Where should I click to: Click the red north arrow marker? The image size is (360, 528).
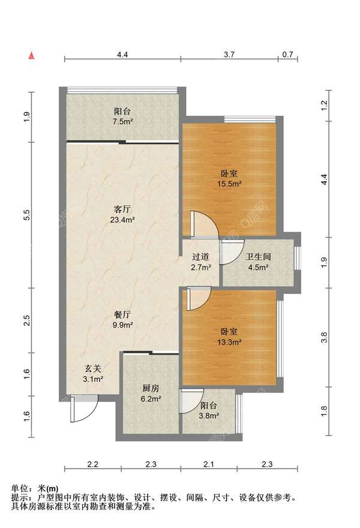[x=31, y=56]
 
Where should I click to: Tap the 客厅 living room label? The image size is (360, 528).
[x=122, y=209]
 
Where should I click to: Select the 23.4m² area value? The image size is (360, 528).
[x=122, y=220]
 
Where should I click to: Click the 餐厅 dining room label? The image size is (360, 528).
[x=122, y=315]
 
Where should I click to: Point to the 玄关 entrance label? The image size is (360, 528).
[x=93, y=369]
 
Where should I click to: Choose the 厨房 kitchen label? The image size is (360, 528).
[x=151, y=388]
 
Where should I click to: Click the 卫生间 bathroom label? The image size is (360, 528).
[x=258, y=257]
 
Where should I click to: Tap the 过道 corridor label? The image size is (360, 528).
[x=201, y=257]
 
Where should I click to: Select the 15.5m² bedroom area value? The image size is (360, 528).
[x=229, y=184]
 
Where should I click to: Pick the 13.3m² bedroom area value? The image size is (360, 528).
[x=229, y=342]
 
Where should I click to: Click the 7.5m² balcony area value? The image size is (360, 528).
[x=122, y=122]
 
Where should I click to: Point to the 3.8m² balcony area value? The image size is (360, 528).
[x=209, y=416]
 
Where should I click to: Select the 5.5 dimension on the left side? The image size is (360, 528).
[x=27, y=215]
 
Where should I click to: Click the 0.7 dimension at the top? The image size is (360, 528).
[x=287, y=54]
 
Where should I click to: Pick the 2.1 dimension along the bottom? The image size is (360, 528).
[x=209, y=464]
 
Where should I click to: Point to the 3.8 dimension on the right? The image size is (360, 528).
[x=324, y=337]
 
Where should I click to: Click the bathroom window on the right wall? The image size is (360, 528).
[x=297, y=258]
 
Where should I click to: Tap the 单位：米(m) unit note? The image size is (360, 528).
[x=35, y=488]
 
